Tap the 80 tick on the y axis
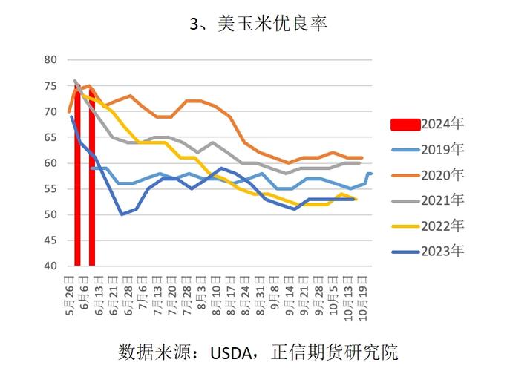coord(50,60)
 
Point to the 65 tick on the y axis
coord(50,137)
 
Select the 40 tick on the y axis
coord(50,266)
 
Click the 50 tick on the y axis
coord(50,215)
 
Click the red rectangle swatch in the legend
coord(405,124)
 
